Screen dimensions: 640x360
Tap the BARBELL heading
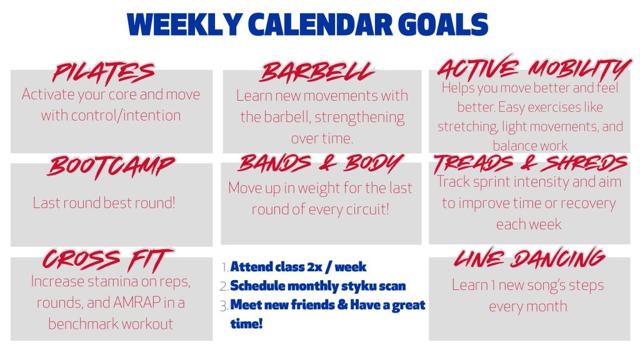coord(317,72)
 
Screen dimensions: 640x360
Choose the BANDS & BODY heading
coord(321,163)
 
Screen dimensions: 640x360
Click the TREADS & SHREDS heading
coord(531,164)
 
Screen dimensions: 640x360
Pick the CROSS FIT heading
coord(109,259)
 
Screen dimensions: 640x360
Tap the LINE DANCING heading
coord(529,258)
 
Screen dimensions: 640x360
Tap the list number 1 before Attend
coord(225,267)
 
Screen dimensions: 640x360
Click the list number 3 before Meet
coord(224,305)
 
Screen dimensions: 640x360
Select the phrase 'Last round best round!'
coord(104,202)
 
